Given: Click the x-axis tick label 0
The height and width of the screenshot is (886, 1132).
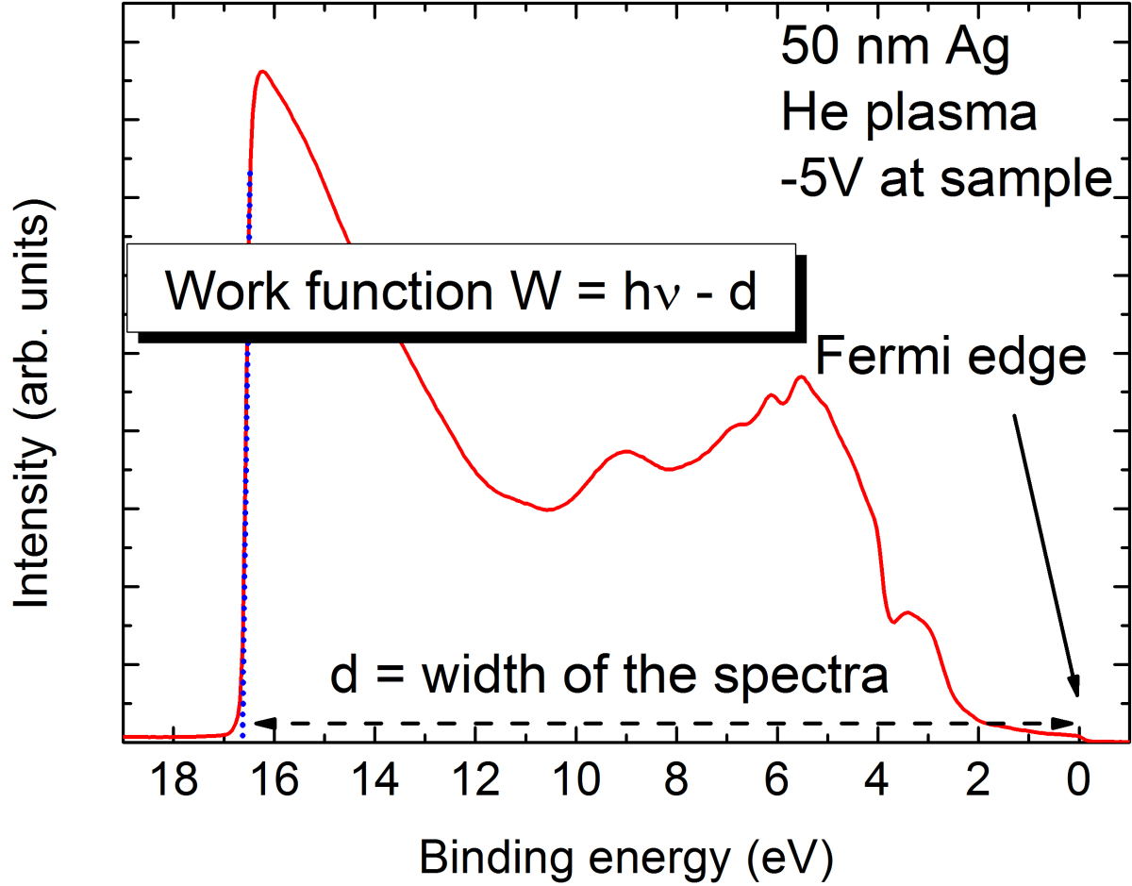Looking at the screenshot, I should [1078, 782].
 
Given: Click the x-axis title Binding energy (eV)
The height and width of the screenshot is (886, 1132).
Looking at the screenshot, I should [626, 857].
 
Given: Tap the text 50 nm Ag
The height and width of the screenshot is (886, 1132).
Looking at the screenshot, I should [894, 49].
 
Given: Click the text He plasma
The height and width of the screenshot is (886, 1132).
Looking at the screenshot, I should [908, 114].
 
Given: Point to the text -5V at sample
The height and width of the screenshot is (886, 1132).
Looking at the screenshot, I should [946, 177].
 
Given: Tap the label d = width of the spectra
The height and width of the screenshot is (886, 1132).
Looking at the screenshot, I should [609, 676].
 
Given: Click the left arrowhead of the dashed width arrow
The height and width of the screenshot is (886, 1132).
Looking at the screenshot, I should [265, 724].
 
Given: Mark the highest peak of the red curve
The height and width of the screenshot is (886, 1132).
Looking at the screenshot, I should [263, 71].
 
